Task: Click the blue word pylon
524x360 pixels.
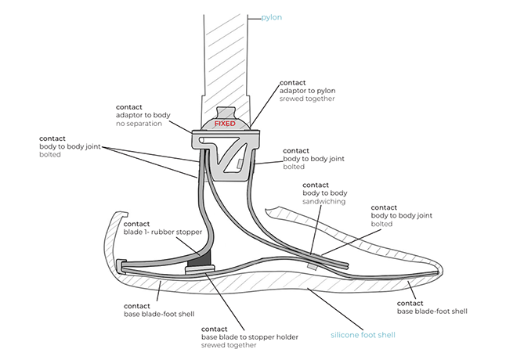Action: pyautogui.click(x=272, y=16)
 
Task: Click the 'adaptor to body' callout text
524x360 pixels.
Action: pyautogui.click(x=143, y=115)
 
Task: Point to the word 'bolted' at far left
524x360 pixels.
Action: pyautogui.click(x=49, y=155)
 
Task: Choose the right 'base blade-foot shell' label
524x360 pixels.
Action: pyautogui.click(x=432, y=311)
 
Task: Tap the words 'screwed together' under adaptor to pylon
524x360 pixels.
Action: pyautogui.click(x=308, y=99)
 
